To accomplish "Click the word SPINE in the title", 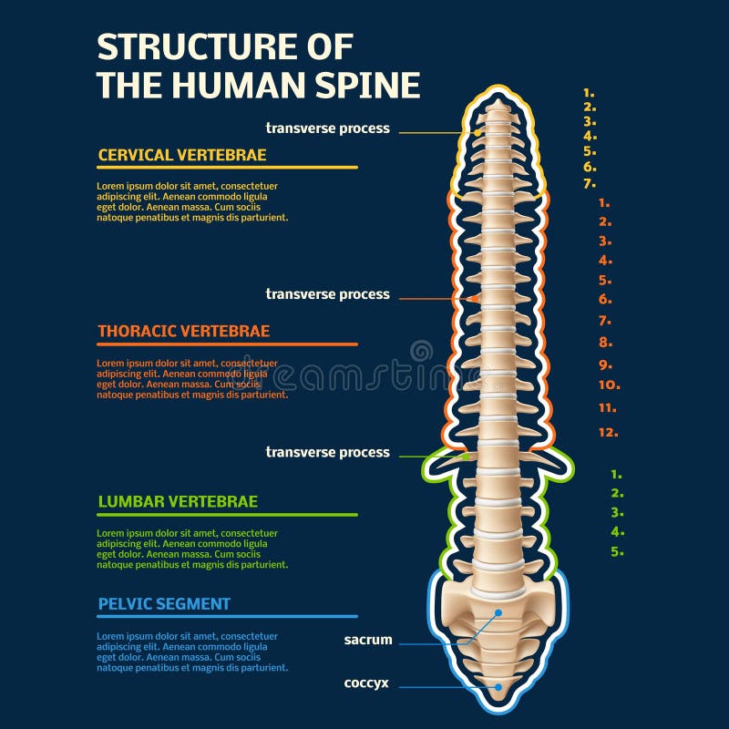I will [x=369, y=84].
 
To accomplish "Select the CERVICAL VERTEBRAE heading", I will [x=181, y=155].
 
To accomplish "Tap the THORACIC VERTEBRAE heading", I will [x=183, y=331].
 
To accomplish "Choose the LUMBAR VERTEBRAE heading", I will [x=177, y=501].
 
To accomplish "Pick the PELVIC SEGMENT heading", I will [x=163, y=603].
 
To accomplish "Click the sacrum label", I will [x=368, y=640].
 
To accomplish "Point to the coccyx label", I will [x=366, y=683].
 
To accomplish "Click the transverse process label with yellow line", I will [x=327, y=128].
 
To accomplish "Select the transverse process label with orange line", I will [x=327, y=294].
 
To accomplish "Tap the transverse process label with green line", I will [x=327, y=452].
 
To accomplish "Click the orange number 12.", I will [x=609, y=432].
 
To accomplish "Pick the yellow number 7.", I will [x=590, y=183].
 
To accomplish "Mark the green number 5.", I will [x=617, y=551].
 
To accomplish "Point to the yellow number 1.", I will [x=589, y=92].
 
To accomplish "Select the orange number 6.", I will [x=605, y=299].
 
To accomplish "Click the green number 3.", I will [x=617, y=512].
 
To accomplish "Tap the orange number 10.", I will [x=609, y=385].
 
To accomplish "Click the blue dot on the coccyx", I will [x=498, y=688].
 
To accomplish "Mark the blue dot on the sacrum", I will [x=498, y=613].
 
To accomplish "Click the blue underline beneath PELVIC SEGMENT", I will [x=227, y=617].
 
